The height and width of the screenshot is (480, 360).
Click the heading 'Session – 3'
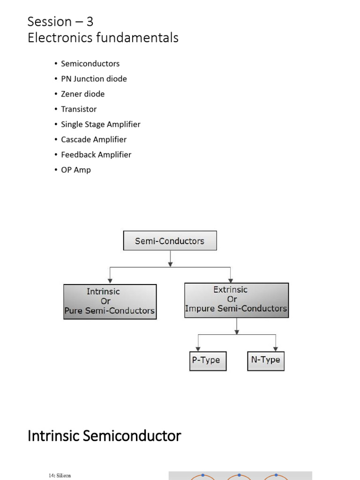[x=60, y=22]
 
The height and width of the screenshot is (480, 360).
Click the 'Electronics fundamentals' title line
[x=103, y=37]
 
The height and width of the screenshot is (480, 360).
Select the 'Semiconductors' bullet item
[x=90, y=64]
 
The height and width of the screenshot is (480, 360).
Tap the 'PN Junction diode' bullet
[x=94, y=79]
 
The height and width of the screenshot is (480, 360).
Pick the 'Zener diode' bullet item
[x=82, y=94]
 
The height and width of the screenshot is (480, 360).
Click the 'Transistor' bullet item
[x=79, y=109]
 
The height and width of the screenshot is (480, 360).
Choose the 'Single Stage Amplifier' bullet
[x=100, y=124]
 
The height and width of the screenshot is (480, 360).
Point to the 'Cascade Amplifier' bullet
[x=94, y=139]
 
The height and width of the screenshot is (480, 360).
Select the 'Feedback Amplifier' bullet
[x=96, y=155]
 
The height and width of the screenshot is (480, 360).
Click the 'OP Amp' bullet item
[x=76, y=170]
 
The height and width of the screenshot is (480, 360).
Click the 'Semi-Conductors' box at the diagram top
[x=170, y=241]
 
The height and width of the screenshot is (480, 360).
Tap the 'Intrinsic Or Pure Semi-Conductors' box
[x=110, y=301]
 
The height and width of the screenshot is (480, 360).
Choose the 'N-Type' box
[x=265, y=360]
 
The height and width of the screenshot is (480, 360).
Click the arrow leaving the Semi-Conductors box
[x=170, y=260]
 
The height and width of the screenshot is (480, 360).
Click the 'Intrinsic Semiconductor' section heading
[x=104, y=436]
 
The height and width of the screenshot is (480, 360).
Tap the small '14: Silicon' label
[x=60, y=475]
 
